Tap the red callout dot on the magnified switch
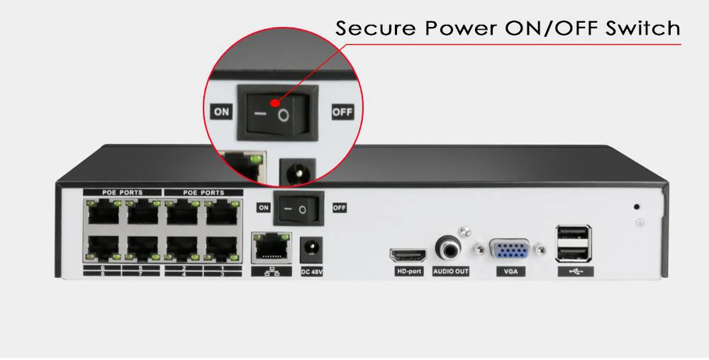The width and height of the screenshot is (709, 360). pos(275,103)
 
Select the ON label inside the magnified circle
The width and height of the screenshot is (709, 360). pos(222,112)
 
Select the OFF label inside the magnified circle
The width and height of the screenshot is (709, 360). pos(342,112)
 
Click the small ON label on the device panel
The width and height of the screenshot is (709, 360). pos(263,208)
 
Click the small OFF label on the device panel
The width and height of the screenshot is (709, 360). pos(340,208)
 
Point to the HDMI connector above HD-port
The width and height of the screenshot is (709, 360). pos(407,254)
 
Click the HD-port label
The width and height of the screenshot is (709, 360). pos(409,271)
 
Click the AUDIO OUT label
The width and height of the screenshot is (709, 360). pos(451,271)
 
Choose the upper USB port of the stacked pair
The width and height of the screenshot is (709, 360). pos(573,235)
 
